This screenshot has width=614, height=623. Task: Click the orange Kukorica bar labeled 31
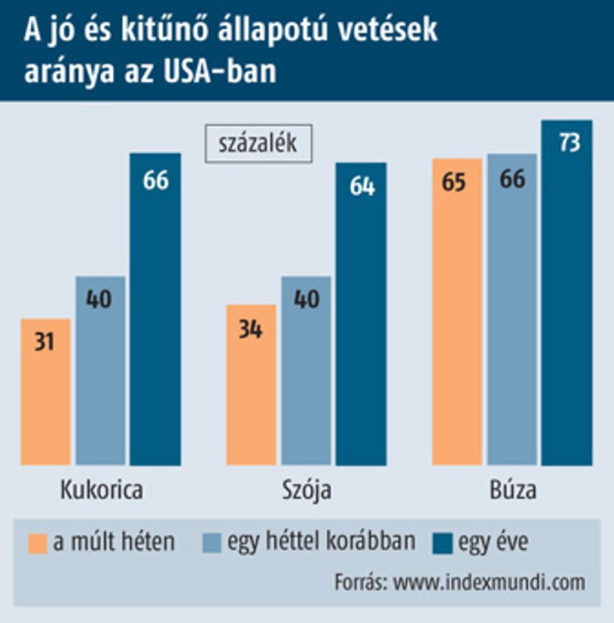tap(45, 392)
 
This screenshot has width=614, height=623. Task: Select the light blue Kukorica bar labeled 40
tap(101, 371)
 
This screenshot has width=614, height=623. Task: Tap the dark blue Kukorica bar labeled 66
tap(155, 309)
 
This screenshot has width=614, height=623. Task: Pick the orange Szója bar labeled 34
tap(251, 385)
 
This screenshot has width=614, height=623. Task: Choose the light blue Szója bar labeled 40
tap(306, 371)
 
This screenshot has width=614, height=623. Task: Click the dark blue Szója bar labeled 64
tap(362, 314)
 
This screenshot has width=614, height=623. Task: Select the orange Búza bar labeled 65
tap(457, 312)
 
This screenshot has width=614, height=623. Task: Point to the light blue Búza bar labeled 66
tap(512, 309)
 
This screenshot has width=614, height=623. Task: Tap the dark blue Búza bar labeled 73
tap(567, 293)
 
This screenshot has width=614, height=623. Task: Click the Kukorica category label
tap(102, 490)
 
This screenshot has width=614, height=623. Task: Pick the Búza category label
tap(513, 490)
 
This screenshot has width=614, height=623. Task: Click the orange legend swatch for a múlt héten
tap(38, 543)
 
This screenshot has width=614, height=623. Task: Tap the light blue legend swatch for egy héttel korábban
tap(211, 543)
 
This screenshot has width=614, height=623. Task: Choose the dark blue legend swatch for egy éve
tap(443, 543)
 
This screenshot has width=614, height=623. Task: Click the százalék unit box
tap(258, 143)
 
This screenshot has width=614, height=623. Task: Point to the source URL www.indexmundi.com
tap(489, 583)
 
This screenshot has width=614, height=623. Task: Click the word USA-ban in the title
tap(220, 71)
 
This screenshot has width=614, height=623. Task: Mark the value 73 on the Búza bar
tap(569, 142)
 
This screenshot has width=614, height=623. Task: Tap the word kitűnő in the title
tap(164, 30)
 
